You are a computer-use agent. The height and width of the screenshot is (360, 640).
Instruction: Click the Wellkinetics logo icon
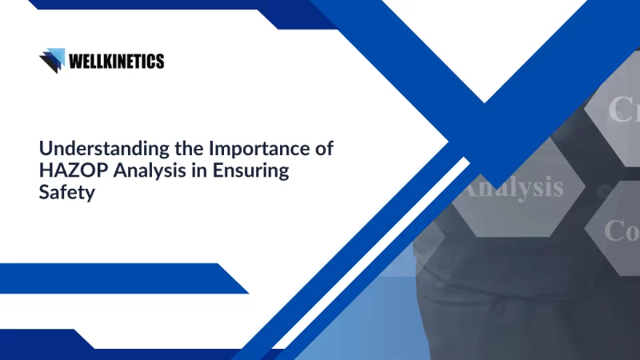[52, 60]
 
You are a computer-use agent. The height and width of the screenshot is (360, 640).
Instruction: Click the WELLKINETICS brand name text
[117, 60]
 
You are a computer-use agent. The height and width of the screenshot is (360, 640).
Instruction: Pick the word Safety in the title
[63, 193]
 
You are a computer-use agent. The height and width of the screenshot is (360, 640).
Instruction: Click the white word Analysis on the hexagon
[512, 187]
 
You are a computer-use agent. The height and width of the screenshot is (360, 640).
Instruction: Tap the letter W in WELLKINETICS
[76, 60]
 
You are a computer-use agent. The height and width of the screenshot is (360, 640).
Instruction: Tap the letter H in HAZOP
[46, 170]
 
